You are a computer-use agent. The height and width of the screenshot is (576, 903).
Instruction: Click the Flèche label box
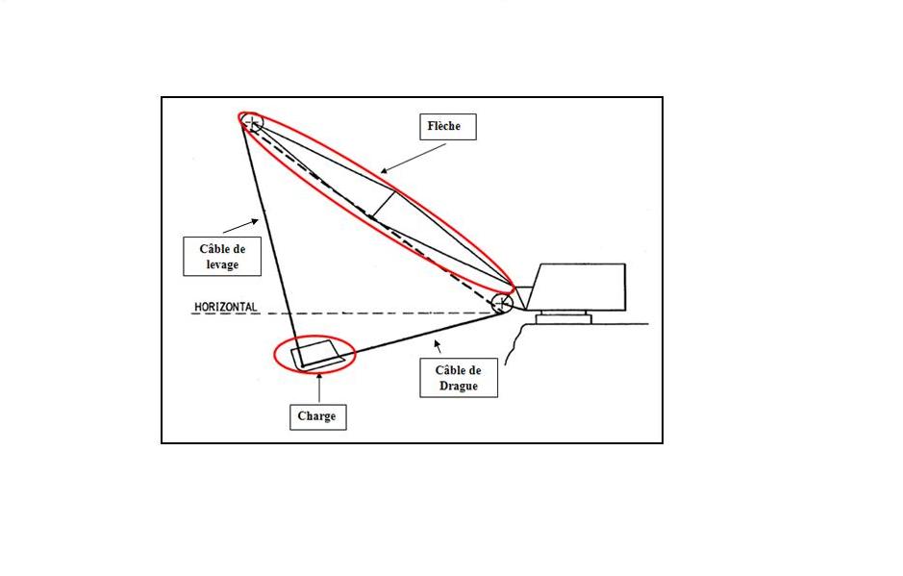point(447,126)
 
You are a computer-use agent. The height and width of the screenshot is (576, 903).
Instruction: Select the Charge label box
point(317,416)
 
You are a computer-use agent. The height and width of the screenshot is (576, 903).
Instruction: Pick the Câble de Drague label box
point(461,378)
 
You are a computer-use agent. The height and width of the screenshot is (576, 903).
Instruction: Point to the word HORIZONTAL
point(225,307)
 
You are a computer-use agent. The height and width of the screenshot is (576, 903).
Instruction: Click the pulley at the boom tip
point(252,122)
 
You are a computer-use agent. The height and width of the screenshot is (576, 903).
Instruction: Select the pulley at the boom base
point(501,304)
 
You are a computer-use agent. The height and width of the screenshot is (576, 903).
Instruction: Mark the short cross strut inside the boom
point(384,205)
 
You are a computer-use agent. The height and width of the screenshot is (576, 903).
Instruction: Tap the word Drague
point(461,387)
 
